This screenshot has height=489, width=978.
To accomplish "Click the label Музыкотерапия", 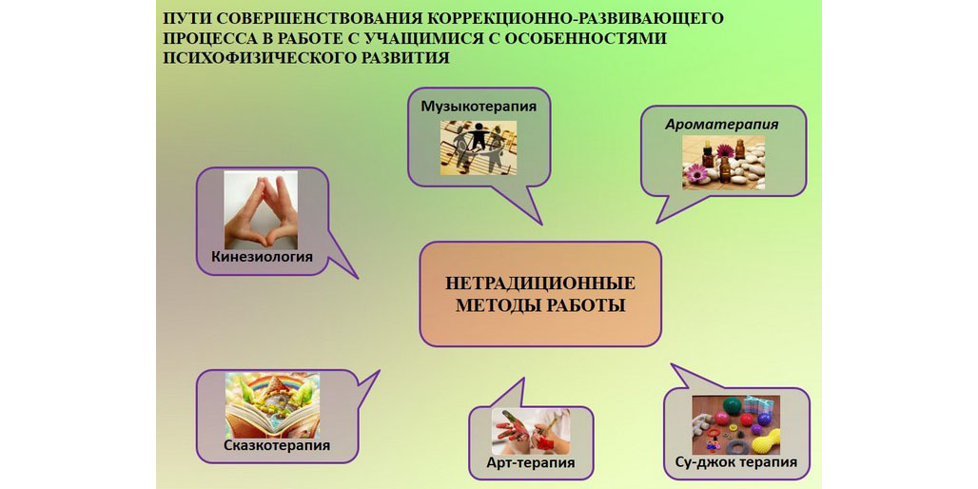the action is (x=479, y=106).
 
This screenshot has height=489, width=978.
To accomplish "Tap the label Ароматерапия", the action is (x=722, y=124).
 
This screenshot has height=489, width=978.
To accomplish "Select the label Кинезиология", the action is (x=262, y=256).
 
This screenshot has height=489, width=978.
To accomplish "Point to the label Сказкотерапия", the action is (x=277, y=445).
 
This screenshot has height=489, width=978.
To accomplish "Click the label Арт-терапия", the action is (x=531, y=462).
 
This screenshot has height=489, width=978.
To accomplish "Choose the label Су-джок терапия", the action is (x=736, y=462).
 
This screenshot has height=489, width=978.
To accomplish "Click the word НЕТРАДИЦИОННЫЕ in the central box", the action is (x=540, y=284).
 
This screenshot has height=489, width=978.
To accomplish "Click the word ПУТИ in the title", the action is (x=182, y=18).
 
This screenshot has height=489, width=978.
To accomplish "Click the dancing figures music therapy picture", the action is (x=479, y=147).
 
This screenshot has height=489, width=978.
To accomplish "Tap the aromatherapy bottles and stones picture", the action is (x=723, y=163).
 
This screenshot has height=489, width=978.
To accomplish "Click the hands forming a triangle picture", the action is (x=261, y=210).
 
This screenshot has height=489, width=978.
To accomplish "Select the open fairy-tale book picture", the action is (x=273, y=405).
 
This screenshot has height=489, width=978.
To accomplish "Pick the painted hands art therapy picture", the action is (x=530, y=432).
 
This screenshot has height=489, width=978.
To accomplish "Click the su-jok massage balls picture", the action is (x=736, y=424).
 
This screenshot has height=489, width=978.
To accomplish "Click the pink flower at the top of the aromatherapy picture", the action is (x=725, y=150).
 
